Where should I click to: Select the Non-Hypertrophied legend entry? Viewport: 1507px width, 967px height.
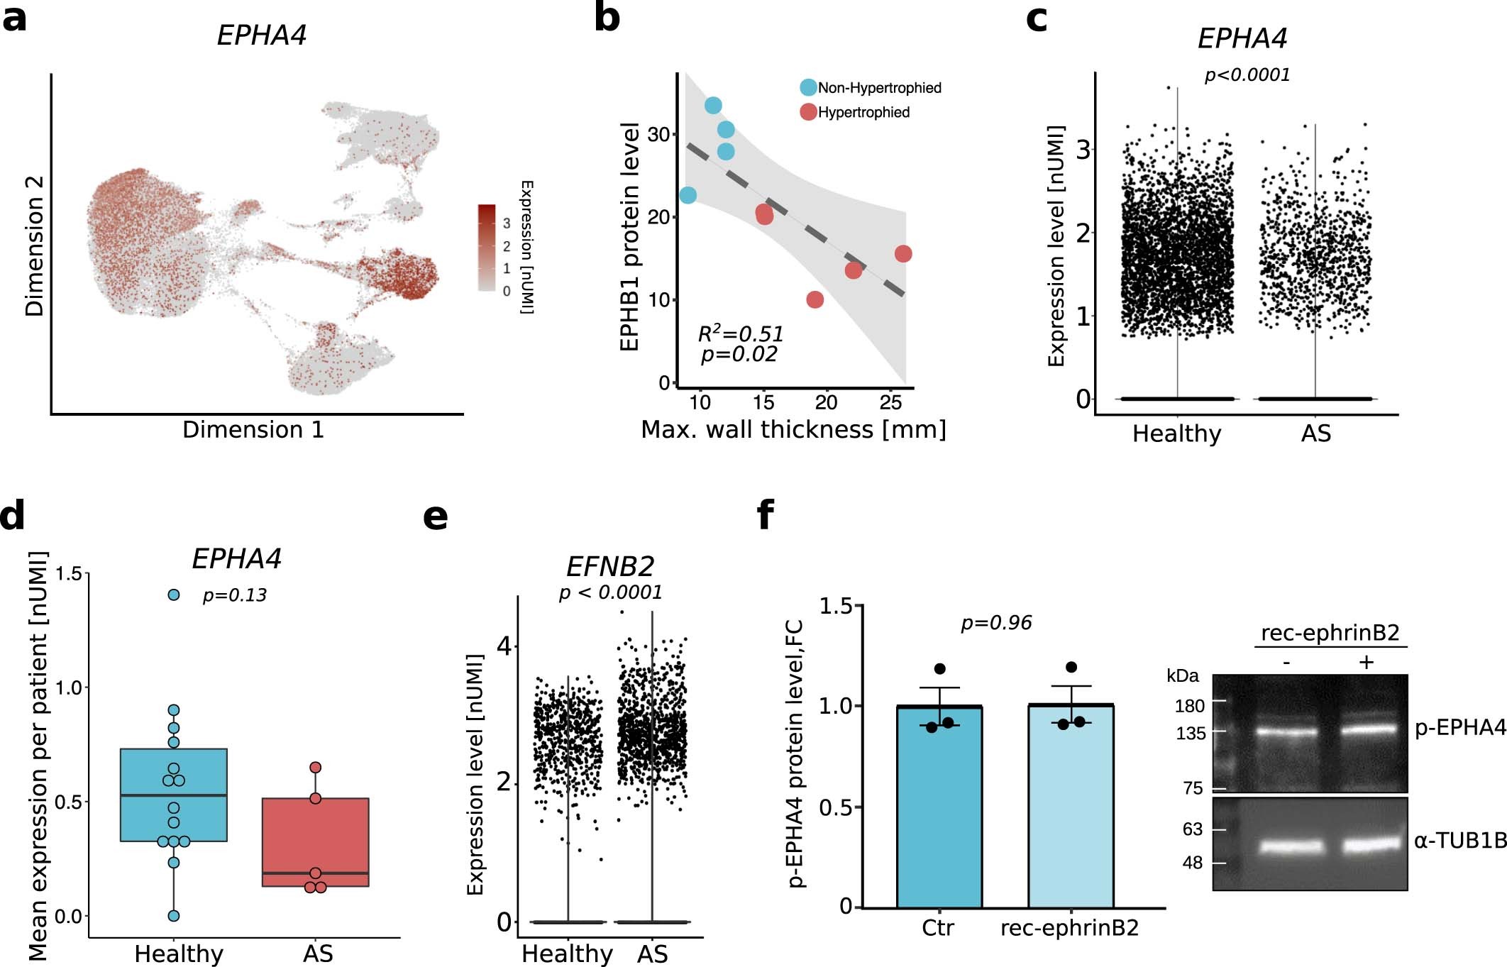click(x=879, y=88)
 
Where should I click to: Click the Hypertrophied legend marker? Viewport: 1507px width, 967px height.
click(x=808, y=112)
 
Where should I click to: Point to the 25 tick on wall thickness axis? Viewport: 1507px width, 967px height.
click(x=890, y=403)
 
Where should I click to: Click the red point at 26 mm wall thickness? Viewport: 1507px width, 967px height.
click(x=902, y=254)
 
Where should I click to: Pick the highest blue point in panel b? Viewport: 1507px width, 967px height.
click(x=713, y=106)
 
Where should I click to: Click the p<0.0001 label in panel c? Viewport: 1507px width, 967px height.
click(x=1247, y=74)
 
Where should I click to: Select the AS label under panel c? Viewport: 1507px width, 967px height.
click(x=1315, y=433)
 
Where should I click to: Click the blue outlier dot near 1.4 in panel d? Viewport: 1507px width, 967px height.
click(x=174, y=595)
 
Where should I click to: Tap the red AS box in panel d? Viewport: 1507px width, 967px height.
click(x=315, y=842)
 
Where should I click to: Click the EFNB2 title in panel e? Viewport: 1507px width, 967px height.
click(x=609, y=566)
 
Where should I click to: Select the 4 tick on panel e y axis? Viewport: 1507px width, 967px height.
click(x=504, y=646)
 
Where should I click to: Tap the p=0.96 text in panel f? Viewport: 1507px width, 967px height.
click(x=995, y=623)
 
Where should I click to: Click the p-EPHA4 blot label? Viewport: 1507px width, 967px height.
click(x=1459, y=728)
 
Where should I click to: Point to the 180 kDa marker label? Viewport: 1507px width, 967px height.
click(x=1190, y=706)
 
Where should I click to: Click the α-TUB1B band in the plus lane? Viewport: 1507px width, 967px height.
click(x=1367, y=845)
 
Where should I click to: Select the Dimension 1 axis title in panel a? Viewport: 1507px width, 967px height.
click(x=253, y=430)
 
